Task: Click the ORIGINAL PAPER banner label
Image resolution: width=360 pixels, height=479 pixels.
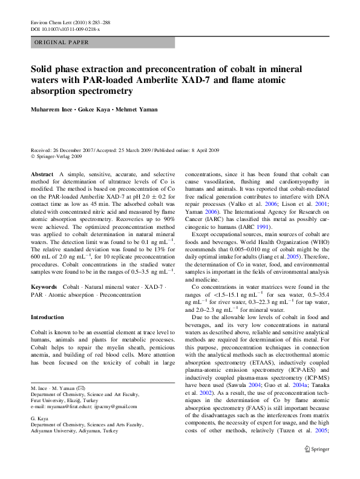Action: click(x=62, y=43)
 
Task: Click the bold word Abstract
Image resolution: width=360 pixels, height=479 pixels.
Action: click(x=42, y=174)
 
